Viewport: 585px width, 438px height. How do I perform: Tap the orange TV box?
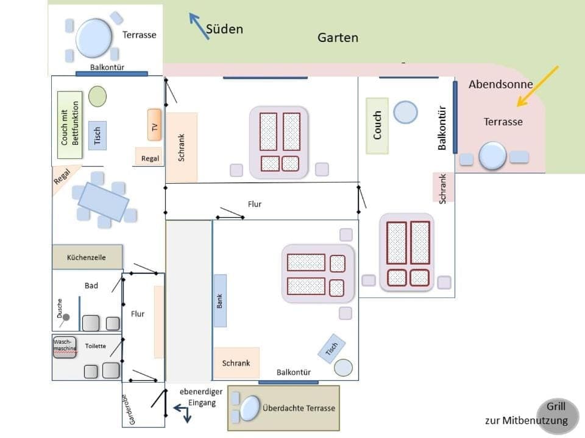pos(154,125)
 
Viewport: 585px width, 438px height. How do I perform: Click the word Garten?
pos(338,38)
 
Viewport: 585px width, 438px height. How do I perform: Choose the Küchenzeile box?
pos(87,257)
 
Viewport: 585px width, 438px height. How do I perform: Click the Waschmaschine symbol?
pos(65,347)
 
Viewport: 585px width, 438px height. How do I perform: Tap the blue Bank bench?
pos(220,301)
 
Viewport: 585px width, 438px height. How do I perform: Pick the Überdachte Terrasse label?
pos(299,408)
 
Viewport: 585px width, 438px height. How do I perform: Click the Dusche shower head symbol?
pos(66,317)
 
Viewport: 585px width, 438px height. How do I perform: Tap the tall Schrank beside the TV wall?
pos(182,147)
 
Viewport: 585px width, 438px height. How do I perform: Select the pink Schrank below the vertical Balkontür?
pos(444,187)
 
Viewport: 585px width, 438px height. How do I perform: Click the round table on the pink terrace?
pos(492,156)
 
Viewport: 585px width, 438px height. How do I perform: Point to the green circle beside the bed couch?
pos(97,96)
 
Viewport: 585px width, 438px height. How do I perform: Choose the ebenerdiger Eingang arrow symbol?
pos(183,413)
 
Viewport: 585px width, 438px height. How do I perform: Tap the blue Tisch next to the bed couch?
pos(97,135)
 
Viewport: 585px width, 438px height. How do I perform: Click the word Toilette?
pos(95,346)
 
